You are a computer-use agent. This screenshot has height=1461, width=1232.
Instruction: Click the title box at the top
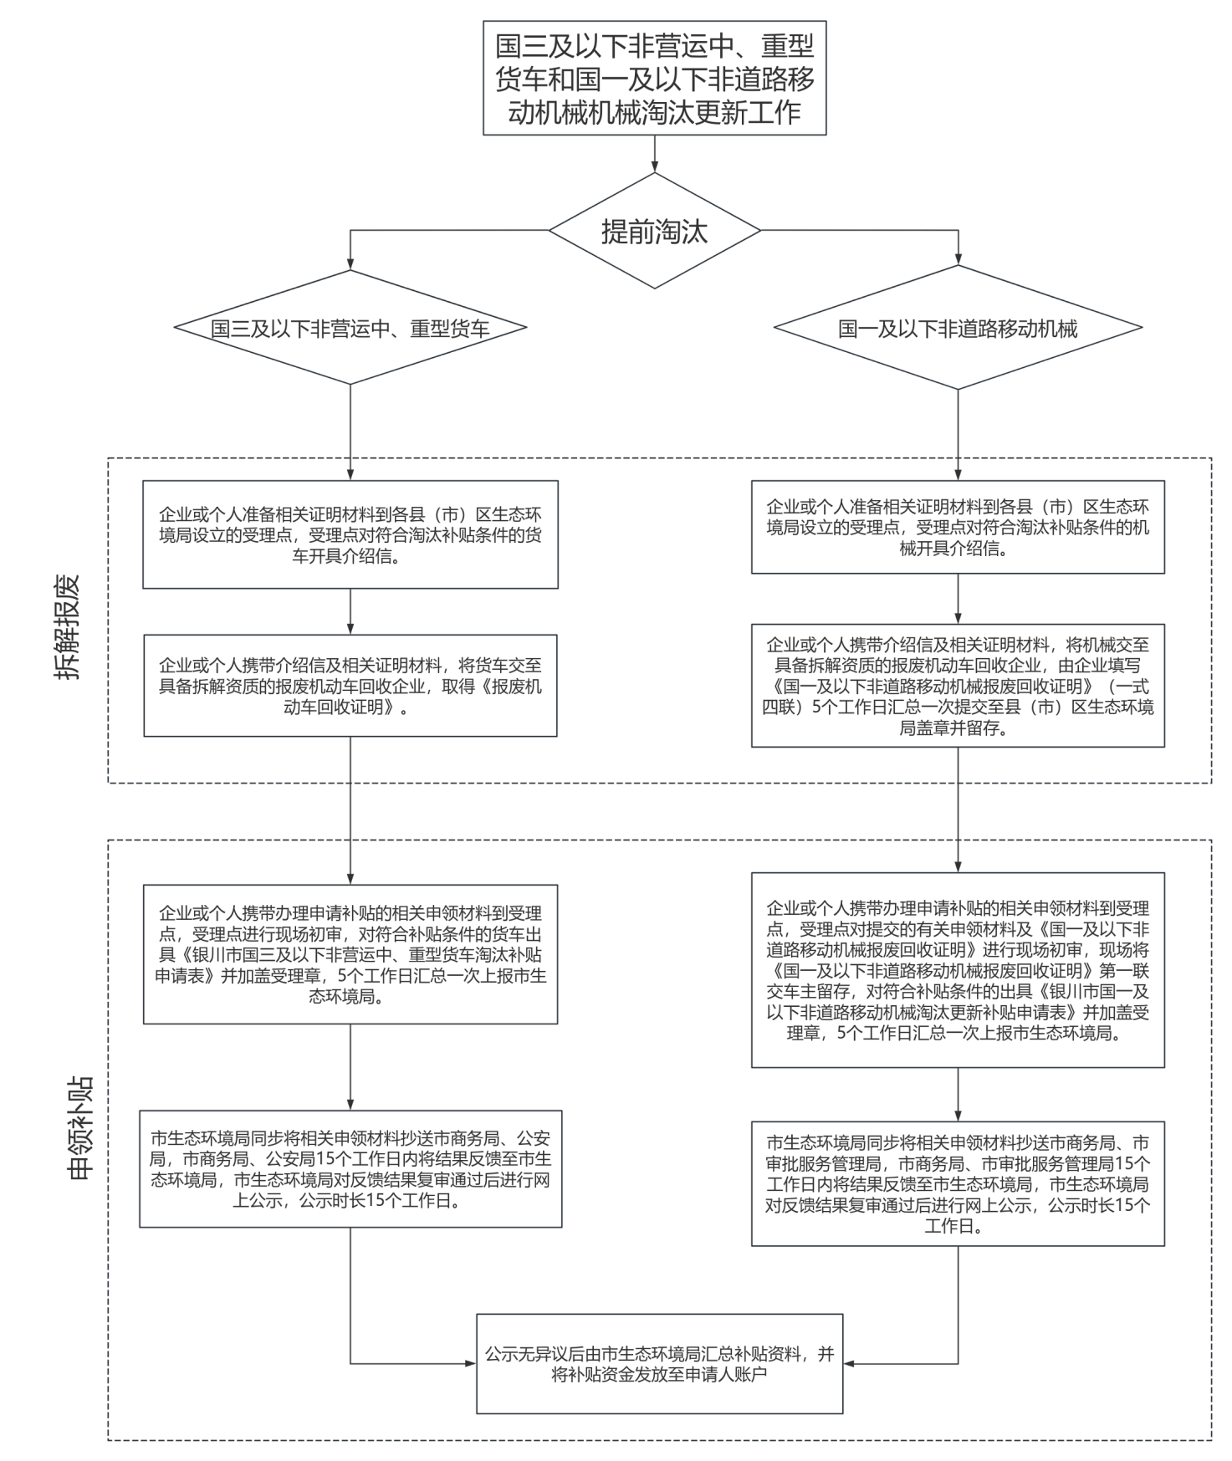pyautogui.click(x=654, y=78)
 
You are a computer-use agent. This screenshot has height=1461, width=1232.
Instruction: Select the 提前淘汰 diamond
pyautogui.click(x=654, y=231)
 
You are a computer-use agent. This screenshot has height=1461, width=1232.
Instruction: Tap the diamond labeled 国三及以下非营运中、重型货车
pyautogui.click(x=350, y=329)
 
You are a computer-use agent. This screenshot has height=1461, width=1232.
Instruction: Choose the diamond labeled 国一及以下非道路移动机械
pyautogui.click(x=958, y=329)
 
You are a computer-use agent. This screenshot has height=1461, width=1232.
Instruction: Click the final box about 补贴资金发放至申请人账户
pyautogui.click(x=659, y=1363)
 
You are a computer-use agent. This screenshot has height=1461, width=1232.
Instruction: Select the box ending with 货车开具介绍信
pyautogui.click(x=350, y=534)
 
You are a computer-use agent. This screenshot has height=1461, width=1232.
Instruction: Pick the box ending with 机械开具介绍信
pyautogui.click(x=958, y=527)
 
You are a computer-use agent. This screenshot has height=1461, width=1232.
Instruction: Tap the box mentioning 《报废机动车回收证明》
pyautogui.click(x=350, y=686)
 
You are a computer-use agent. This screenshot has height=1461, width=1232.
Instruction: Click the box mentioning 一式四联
pyautogui.click(x=958, y=686)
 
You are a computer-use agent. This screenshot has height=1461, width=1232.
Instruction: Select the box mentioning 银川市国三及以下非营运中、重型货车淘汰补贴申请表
pyautogui.click(x=350, y=954)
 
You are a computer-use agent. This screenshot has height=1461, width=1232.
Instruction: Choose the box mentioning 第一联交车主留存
pyautogui.click(x=958, y=970)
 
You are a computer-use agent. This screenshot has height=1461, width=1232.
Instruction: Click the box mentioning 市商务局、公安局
pyautogui.click(x=350, y=1169)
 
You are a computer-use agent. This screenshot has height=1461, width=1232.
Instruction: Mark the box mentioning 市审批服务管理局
pyautogui.click(x=958, y=1184)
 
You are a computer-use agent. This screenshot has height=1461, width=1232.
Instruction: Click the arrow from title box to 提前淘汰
pyautogui.click(x=654, y=154)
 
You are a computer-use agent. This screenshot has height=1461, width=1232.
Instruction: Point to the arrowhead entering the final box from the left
pyautogui.click(x=470, y=1363)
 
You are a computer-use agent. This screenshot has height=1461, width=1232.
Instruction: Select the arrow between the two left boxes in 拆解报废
pyautogui.click(x=350, y=611)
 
